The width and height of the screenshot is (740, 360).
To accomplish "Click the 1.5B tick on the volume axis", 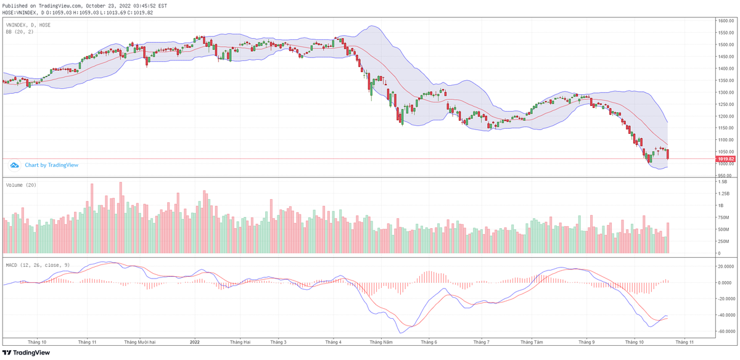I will pyautogui.click(x=721, y=182).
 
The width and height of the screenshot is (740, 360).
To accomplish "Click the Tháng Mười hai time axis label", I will pyautogui.click(x=139, y=341).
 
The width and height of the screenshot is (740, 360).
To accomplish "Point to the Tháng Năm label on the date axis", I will pyautogui.click(x=380, y=341).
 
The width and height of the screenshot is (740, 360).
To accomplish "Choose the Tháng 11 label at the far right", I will pyautogui.click(x=683, y=341).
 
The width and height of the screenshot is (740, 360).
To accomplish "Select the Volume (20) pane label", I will pyautogui.click(x=21, y=185).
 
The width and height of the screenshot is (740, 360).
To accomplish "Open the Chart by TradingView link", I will pyautogui.click(x=51, y=165).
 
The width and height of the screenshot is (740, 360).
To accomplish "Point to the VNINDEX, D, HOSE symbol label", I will pyautogui.click(x=28, y=25).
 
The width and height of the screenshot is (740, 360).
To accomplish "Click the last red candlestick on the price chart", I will pyautogui.click(x=668, y=154).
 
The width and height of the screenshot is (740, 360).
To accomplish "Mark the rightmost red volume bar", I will pyautogui.click(x=668, y=238).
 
